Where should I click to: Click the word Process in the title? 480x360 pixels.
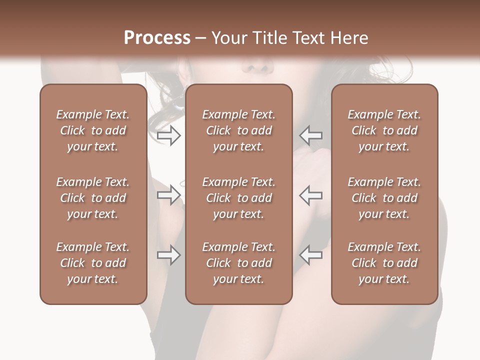pos(157,38)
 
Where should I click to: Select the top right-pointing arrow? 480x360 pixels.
pos(168,135)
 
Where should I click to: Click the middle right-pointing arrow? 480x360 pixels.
pos(168,195)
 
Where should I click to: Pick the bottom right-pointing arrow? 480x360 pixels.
pos(168,255)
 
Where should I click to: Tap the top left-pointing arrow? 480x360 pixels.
pos(310,135)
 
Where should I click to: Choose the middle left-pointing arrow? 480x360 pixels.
pos(310,195)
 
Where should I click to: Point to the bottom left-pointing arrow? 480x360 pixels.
pos(310,255)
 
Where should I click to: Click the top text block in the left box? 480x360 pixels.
pos(93,130)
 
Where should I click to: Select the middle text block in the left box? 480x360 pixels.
pos(93,198)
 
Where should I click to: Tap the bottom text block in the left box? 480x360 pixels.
pos(93,263)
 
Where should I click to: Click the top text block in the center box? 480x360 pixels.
pos(239,130)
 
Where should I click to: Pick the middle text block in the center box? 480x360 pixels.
pos(239,198)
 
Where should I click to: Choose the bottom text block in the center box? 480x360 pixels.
pos(239,263)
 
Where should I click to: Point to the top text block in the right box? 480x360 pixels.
pos(384,130)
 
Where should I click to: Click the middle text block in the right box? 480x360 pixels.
pos(384,198)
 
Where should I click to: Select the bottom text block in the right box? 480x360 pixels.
pos(384,263)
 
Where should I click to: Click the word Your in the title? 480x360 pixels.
pos(228,38)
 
